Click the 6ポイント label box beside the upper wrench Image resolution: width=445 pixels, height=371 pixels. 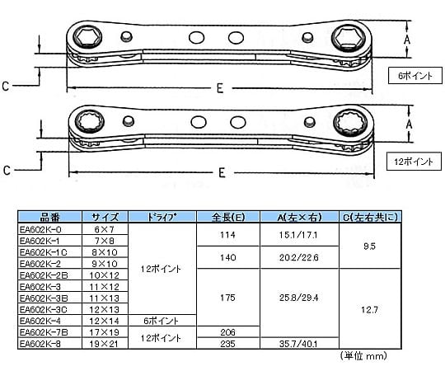point(415,76)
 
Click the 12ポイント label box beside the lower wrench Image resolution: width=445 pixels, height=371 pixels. point(414,162)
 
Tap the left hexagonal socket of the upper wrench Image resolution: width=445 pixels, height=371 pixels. point(87,36)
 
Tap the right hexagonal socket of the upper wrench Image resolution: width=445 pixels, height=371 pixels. point(349,36)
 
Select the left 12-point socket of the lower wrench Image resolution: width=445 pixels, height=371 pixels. point(91,122)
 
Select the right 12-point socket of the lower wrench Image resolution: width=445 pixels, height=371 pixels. point(349,123)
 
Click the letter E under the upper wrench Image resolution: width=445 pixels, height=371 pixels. point(220,88)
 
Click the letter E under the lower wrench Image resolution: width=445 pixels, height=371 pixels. point(222,172)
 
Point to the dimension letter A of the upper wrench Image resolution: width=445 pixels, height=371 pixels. point(407,40)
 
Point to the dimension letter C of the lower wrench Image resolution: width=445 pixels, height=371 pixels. point(7,171)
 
